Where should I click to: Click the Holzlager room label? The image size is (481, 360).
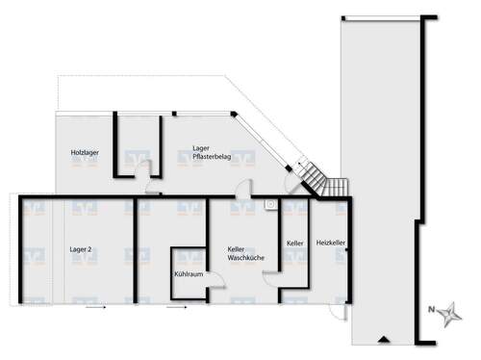click(x=85, y=154)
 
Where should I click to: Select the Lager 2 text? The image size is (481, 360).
click(x=81, y=249)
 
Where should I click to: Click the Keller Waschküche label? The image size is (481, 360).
click(x=240, y=252)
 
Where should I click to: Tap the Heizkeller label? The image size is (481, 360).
click(x=330, y=244)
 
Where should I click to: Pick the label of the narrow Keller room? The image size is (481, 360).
click(x=294, y=244)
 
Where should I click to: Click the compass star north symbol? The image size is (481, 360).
click(x=450, y=312)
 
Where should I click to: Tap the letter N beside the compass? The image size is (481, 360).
click(x=432, y=310)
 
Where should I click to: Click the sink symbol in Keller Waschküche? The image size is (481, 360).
click(x=271, y=204)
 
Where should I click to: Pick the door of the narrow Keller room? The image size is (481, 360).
click(x=272, y=277)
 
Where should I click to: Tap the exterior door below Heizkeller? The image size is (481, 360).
click(x=337, y=309)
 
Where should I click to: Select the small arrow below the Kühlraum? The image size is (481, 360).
click(x=175, y=309)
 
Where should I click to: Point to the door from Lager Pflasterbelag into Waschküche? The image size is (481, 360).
click(x=246, y=190)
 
